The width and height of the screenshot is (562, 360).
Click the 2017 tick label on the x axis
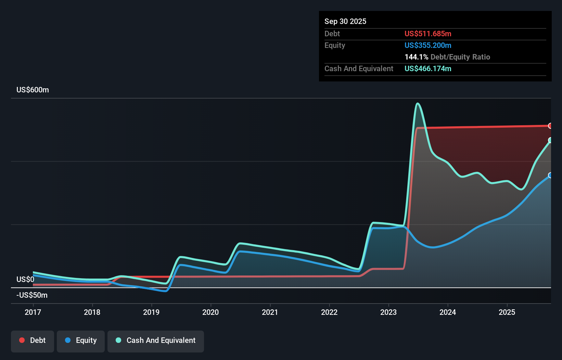(33, 312)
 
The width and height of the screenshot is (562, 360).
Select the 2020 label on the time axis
(210, 312)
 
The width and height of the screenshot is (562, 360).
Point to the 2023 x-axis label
(388, 312)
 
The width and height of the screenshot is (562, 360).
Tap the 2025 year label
(507, 312)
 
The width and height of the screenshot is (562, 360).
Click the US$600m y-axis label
(33, 90)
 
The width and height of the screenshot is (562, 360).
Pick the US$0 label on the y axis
(25, 280)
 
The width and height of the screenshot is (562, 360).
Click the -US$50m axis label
(32, 295)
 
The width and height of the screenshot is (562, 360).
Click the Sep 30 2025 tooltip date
(345, 22)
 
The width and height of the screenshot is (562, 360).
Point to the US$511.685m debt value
(428, 34)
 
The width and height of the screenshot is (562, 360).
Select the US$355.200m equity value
(428, 46)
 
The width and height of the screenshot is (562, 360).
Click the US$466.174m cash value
(428, 69)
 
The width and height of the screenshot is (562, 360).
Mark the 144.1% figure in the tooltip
(416, 57)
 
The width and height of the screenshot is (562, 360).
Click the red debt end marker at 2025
(550, 126)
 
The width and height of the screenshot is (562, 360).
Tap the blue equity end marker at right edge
(550, 176)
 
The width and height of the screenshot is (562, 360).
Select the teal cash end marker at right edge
(550, 140)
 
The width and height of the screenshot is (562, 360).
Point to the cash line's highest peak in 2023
(418, 104)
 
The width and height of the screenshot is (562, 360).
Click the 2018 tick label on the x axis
(92, 312)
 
